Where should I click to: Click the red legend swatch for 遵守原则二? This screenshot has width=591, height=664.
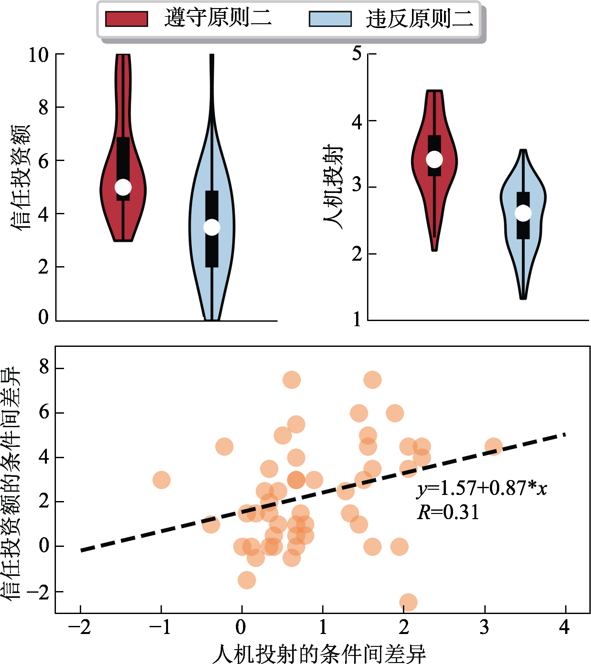(127, 19)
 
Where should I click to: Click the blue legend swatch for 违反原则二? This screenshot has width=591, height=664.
(330, 19)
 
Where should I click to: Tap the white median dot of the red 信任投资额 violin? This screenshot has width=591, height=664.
(123, 187)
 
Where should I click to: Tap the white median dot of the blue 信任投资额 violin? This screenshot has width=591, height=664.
(212, 227)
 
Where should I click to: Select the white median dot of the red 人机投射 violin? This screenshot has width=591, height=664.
(434, 159)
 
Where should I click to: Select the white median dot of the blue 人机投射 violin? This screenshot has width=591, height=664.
(523, 213)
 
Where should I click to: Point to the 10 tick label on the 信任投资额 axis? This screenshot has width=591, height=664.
(38, 55)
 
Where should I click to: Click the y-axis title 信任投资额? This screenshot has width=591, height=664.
(20, 177)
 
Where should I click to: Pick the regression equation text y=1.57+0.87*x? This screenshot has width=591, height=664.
(482, 488)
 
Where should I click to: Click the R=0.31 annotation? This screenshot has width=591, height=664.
(448, 512)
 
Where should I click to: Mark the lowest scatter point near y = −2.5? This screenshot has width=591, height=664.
(408, 602)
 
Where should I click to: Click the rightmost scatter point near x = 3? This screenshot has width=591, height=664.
(493, 446)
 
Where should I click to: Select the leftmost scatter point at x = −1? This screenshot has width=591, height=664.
(162, 480)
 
